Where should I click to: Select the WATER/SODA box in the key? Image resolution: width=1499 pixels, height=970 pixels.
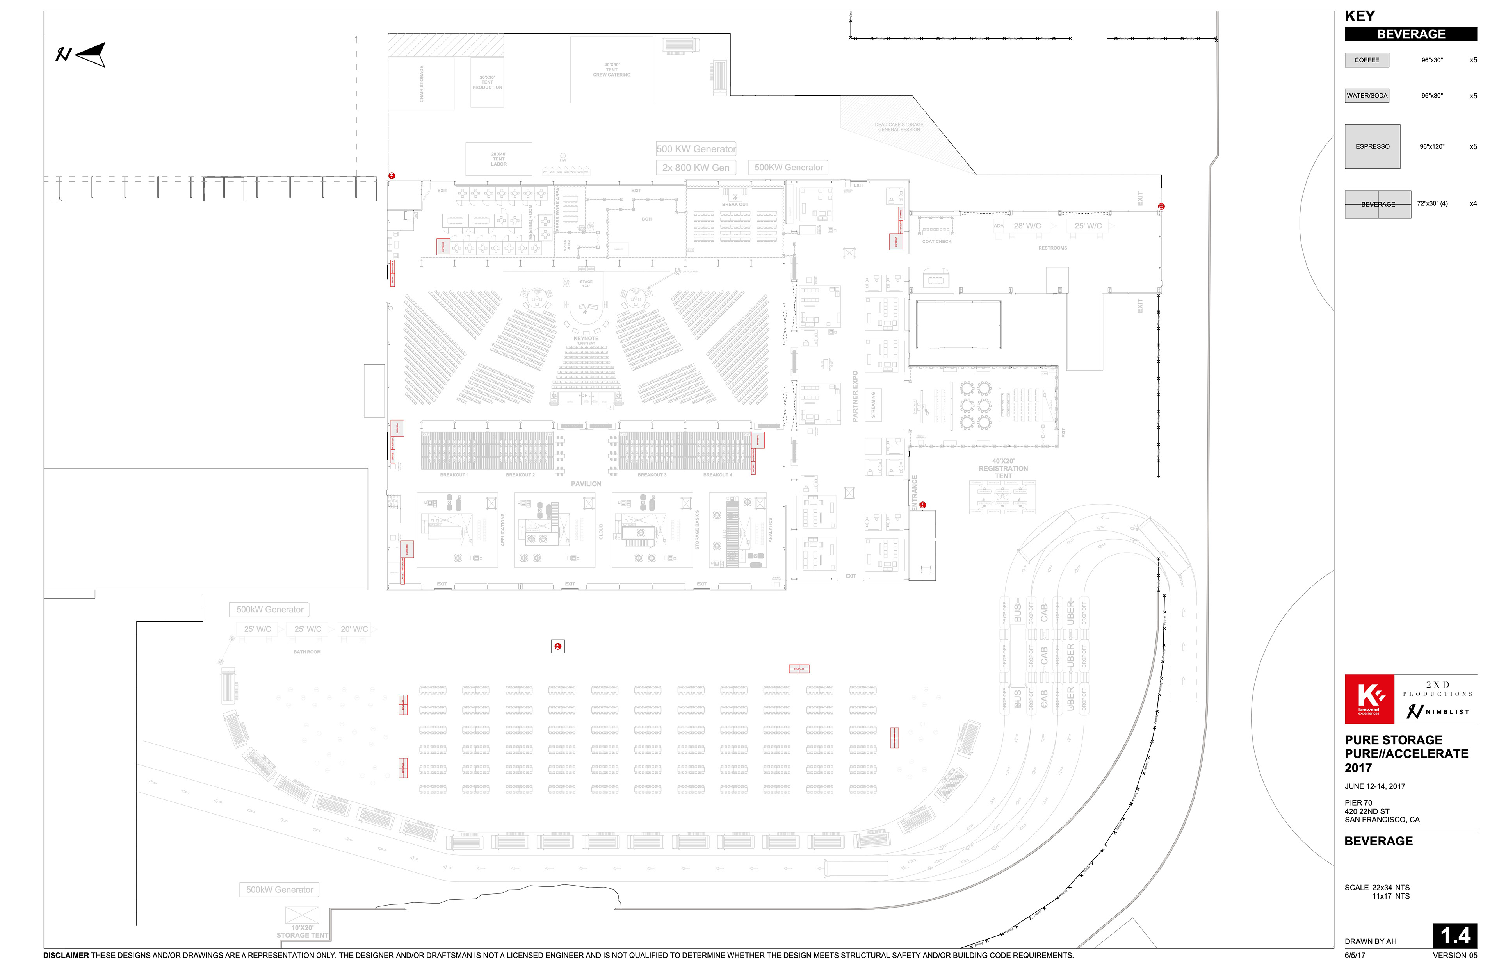coord(1366,96)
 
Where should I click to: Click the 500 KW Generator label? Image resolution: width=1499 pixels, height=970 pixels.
coord(696,149)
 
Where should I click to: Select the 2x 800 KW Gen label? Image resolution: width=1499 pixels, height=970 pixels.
coord(696,168)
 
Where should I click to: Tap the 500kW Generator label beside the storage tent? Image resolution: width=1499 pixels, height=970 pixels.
coord(280,890)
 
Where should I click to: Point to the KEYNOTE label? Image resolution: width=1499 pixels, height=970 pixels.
coord(586,338)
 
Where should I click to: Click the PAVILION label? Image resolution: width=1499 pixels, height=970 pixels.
coord(586,484)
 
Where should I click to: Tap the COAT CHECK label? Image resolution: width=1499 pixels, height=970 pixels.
coord(936,241)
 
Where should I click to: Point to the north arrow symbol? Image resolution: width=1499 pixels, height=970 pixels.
coord(82,55)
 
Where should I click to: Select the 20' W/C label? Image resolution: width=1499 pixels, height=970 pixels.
coord(354,629)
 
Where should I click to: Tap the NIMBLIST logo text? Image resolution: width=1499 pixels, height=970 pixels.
coord(1446,712)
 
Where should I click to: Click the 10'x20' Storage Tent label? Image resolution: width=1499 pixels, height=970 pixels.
coord(302,932)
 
